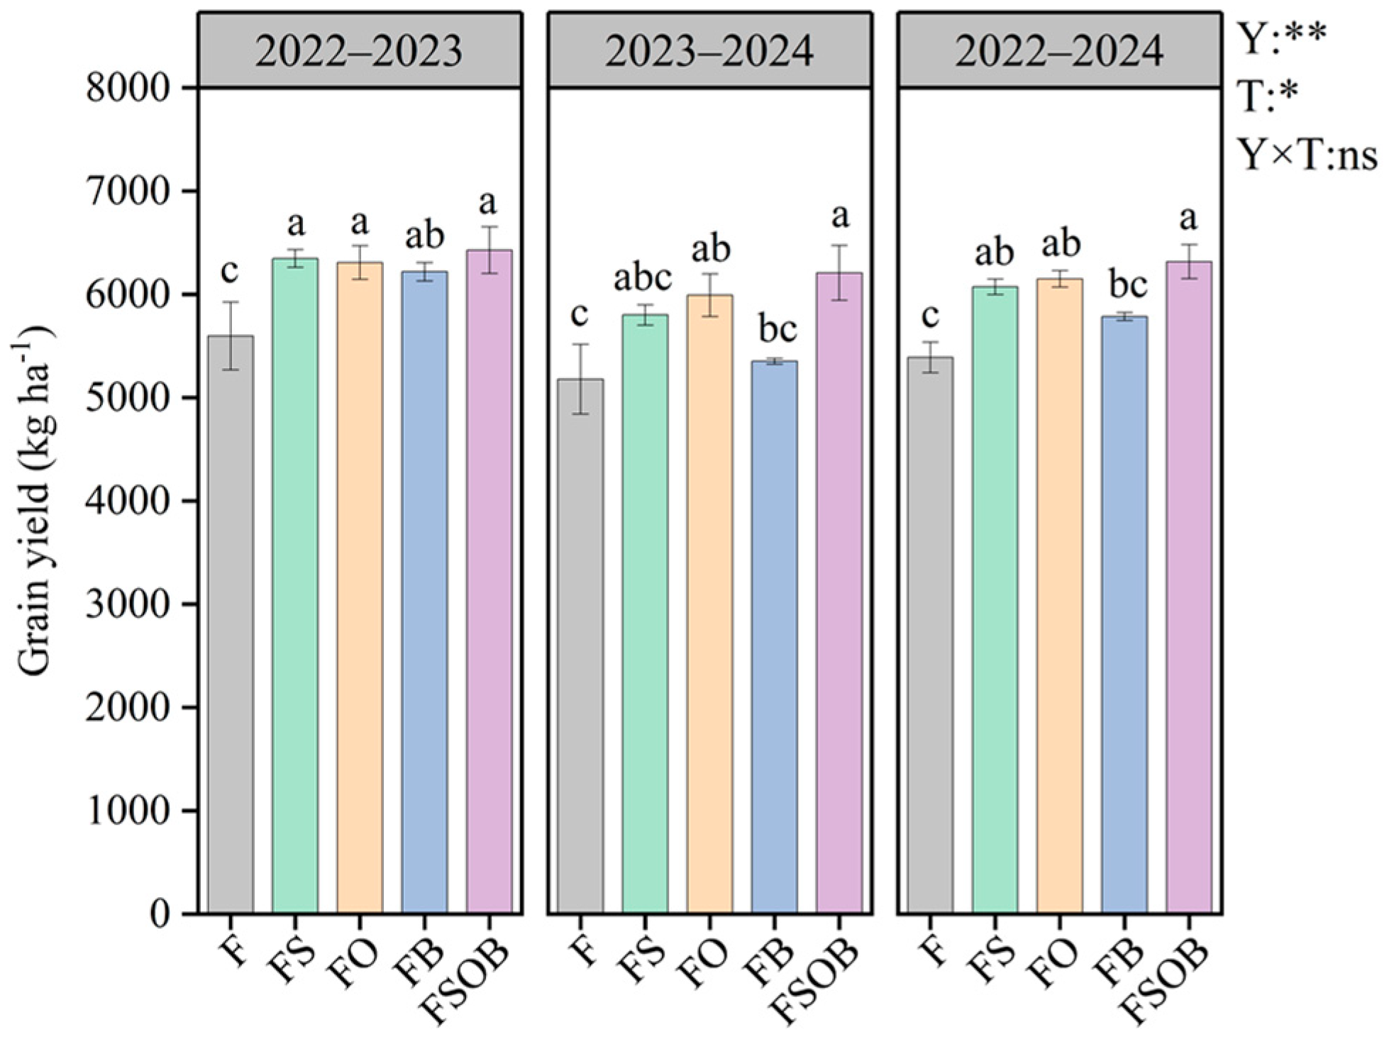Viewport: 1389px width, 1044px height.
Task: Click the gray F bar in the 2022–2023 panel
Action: pos(231,624)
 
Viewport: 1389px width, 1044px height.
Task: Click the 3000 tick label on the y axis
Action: pos(128,605)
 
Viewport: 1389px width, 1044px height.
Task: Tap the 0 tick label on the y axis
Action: pos(160,914)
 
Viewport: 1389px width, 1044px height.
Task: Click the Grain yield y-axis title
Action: pos(33,500)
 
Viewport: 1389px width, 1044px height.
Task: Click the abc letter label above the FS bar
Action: pos(642,278)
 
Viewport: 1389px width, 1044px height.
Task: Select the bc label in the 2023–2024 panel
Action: pos(777,328)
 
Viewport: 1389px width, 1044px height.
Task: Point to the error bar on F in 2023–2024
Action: pos(580,379)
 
